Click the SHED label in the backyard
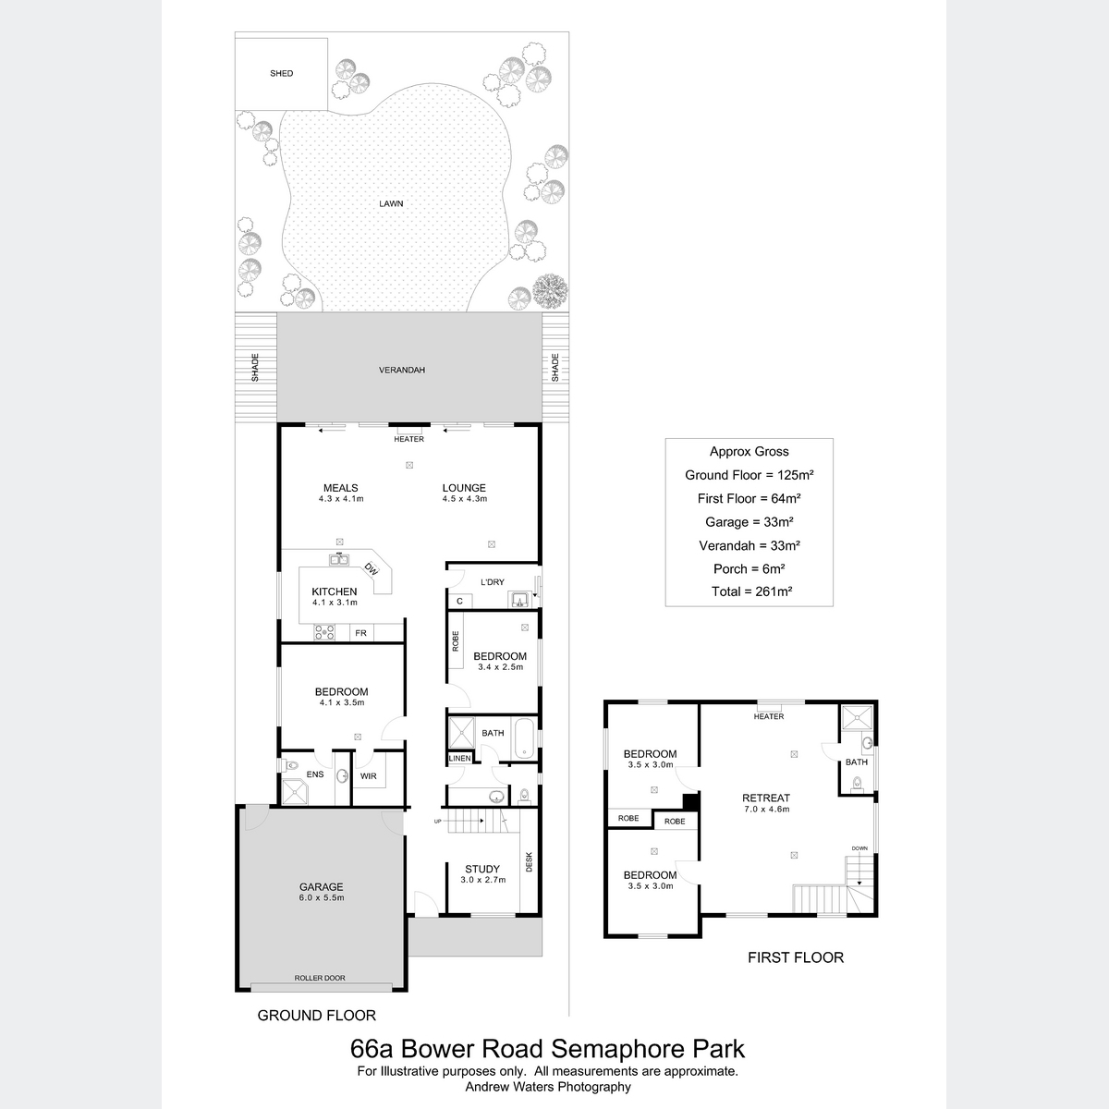(282, 73)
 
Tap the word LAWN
(391, 203)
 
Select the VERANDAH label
(402, 370)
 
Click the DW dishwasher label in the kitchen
(372, 568)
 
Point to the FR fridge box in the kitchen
(360, 633)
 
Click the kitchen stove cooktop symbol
(324, 632)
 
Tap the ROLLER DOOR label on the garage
(320, 978)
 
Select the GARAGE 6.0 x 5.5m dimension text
(321, 897)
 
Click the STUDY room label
(482, 869)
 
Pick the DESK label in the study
(530, 861)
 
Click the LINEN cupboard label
(459, 759)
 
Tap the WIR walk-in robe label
(369, 776)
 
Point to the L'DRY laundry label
(493, 582)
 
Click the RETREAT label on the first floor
(766, 798)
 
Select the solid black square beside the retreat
(690, 801)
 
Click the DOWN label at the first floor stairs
(859, 848)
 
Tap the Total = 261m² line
(751, 591)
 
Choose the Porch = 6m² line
(749, 568)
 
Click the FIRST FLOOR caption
(796, 957)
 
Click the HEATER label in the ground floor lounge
(408, 439)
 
